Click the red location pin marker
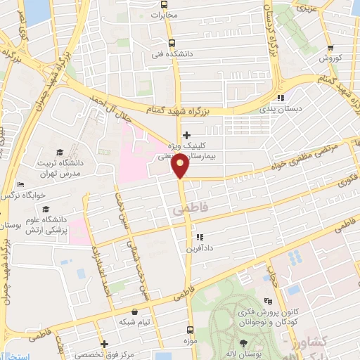tap(181, 165)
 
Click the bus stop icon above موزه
tap(188, 330)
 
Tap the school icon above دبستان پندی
tap(280, 98)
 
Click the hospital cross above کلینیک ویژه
tap(186, 135)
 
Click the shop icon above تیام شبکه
tap(134, 311)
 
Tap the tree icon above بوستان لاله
tap(243, 342)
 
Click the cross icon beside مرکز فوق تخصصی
tap(104, 345)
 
